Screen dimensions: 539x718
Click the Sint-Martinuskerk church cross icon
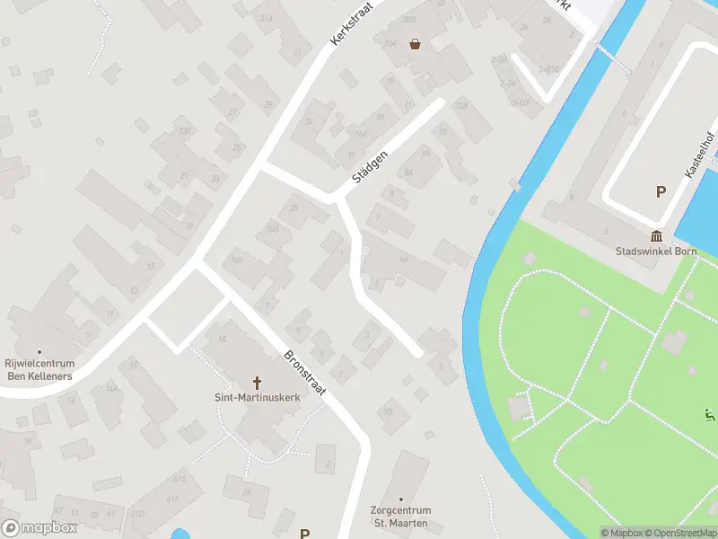(257, 381)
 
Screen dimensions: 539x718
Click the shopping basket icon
(415, 43)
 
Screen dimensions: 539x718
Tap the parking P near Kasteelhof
(661, 191)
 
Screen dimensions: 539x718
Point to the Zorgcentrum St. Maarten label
(401, 516)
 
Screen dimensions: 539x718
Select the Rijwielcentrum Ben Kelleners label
(39, 368)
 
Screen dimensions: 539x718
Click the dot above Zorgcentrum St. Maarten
(401, 499)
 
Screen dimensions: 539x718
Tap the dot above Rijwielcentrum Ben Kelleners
(39, 351)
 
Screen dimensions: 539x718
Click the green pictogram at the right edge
(710, 415)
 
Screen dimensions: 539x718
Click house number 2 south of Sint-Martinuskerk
(328, 464)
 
